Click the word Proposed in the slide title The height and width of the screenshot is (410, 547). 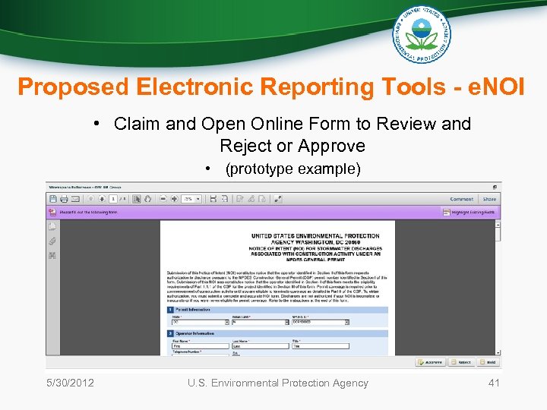pyautogui.click(x=73, y=87)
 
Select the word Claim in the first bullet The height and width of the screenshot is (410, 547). pyautogui.click(x=137, y=124)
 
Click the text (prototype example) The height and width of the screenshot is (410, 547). pyautogui.click(x=292, y=169)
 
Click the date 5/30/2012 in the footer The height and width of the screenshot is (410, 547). pyautogui.click(x=69, y=383)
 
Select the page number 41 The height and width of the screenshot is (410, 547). pyautogui.click(x=494, y=383)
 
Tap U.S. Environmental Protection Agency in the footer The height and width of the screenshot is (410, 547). pyautogui.click(x=278, y=383)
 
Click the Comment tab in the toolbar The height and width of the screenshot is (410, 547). pyautogui.click(x=461, y=199)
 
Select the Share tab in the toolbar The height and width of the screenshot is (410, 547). pyautogui.click(x=489, y=199)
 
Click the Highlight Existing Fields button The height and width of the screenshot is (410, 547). pyautogui.click(x=469, y=213)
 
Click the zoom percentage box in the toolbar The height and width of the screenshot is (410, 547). pyautogui.click(x=191, y=199)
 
